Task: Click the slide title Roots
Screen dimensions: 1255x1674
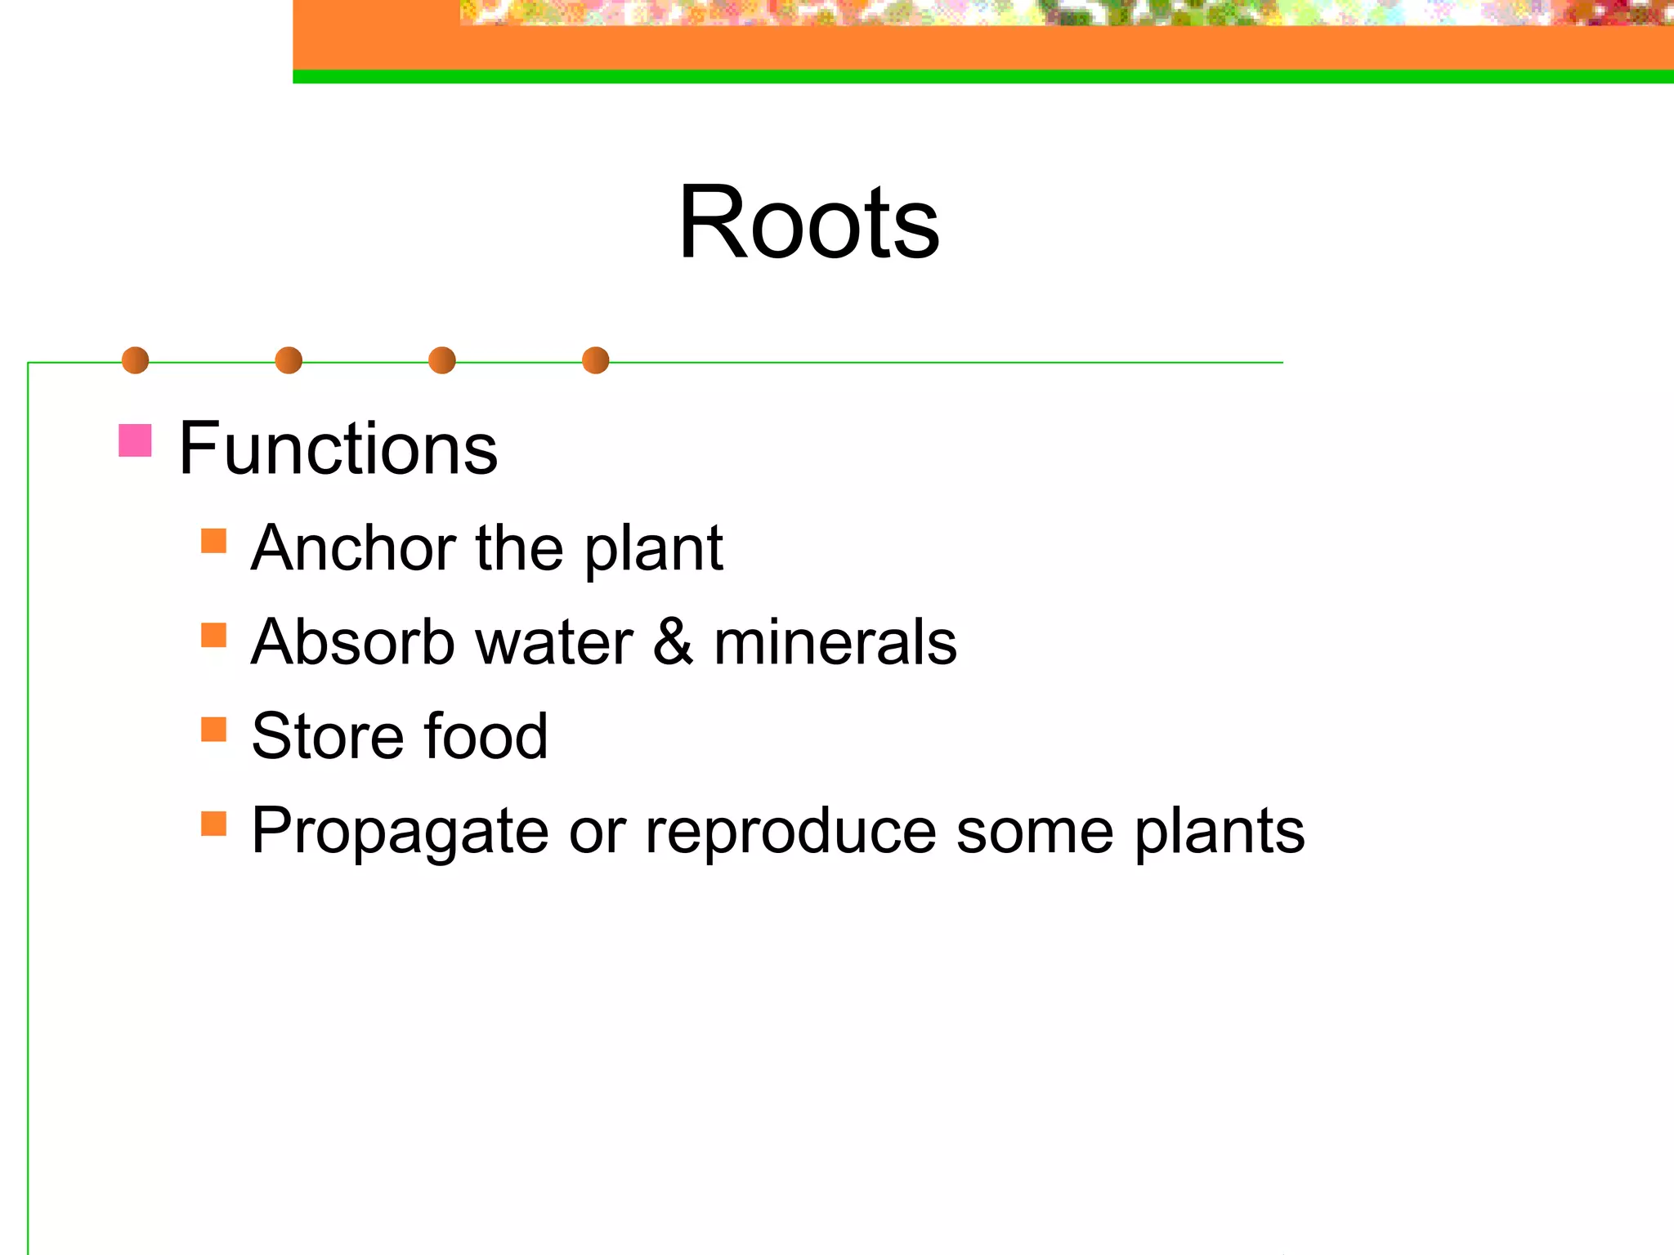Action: pos(808,222)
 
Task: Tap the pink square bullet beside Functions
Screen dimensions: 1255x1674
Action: pos(135,440)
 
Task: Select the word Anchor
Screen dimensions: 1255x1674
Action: pos(353,547)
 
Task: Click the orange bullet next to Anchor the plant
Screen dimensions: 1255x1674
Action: pos(213,541)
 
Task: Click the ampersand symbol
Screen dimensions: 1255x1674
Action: pos(673,642)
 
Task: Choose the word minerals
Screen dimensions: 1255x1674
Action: pos(835,642)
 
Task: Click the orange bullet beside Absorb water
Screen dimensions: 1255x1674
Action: pos(213,635)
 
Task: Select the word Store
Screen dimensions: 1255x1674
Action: pos(327,736)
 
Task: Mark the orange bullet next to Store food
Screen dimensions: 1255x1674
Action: pos(213,729)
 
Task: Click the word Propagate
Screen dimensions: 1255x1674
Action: pos(400,832)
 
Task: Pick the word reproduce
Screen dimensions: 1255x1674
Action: pos(790,832)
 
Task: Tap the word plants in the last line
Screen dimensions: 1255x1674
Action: pos(1219,832)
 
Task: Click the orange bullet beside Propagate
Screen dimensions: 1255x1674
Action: pos(213,824)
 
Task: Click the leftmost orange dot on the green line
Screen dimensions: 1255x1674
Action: pos(135,360)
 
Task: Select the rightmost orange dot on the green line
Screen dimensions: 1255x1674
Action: pos(596,360)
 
